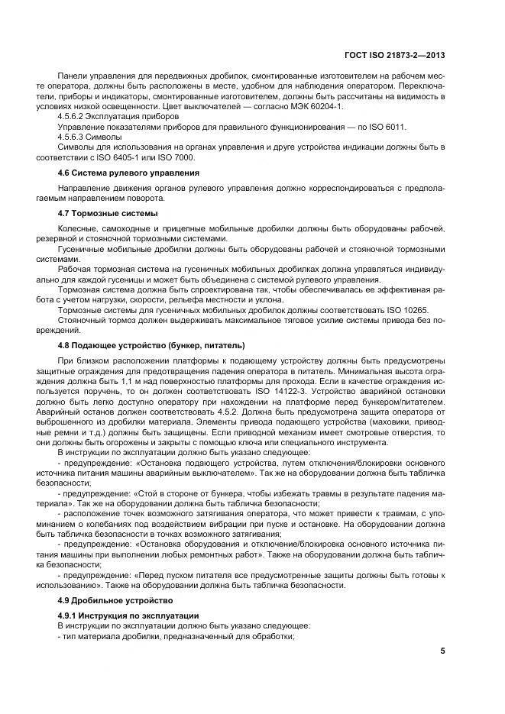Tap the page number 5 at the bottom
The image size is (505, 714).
(x=442, y=651)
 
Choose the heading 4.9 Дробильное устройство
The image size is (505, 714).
(x=110, y=601)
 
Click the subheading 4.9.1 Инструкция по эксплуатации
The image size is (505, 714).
(x=128, y=615)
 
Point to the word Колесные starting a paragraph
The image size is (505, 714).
(x=78, y=229)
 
